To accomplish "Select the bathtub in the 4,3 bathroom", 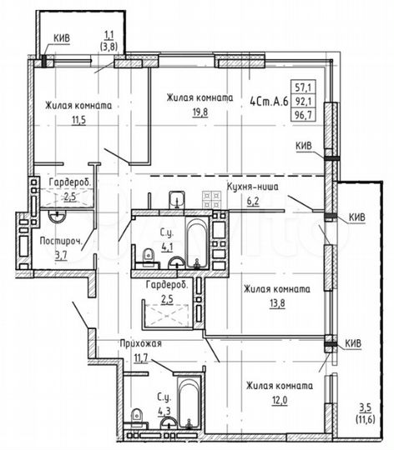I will [189, 411].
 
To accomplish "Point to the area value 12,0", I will [278, 400].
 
